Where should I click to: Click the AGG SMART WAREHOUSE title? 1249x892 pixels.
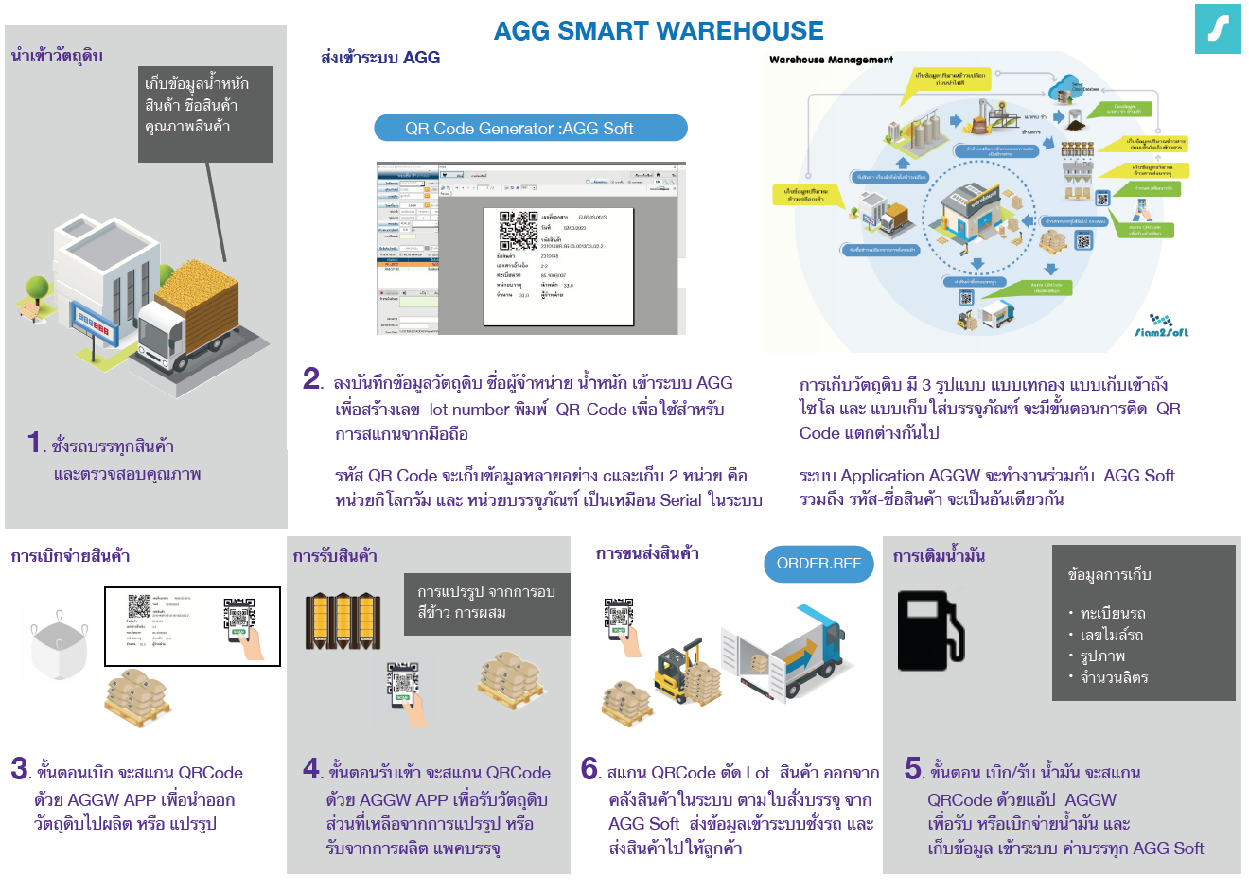tap(659, 31)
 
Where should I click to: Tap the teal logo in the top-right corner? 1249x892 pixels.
tap(1217, 28)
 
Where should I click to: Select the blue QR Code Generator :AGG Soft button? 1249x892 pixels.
tap(530, 129)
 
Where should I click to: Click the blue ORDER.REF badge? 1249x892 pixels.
tap(818, 564)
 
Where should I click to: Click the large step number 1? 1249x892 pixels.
tap(35, 442)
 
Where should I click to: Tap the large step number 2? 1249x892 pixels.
tap(312, 379)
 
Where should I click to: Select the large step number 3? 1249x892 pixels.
tap(20, 769)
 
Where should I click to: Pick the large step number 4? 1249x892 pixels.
tap(312, 769)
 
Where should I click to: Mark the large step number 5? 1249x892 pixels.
tap(913, 769)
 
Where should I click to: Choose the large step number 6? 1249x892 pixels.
tap(590, 769)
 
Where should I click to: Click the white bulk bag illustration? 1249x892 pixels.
tap(59, 648)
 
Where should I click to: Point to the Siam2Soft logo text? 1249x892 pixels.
tap(1162, 332)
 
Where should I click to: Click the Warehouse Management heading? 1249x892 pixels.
tap(831, 60)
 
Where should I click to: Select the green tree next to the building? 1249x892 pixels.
tap(37, 287)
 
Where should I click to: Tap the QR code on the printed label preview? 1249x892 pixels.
tap(519, 230)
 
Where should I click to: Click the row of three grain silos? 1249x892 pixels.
tap(342, 621)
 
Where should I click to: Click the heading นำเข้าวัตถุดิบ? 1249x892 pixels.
tap(57, 56)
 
